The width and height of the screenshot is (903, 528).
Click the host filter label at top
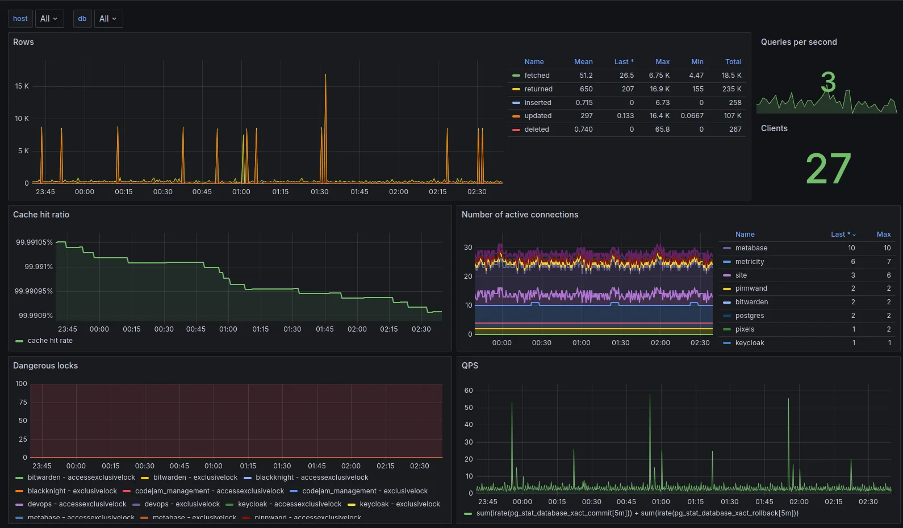pos(20,19)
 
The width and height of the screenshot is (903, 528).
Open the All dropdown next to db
pos(108,19)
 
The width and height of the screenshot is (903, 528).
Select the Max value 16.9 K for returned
pos(659,89)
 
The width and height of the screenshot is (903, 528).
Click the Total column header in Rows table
pos(733,62)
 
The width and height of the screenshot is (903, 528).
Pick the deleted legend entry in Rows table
pos(536,129)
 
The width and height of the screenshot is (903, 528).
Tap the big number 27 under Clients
pos(828,169)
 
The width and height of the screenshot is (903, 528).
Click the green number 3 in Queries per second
pos(828,82)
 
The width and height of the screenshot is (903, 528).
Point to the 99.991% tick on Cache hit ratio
pos(39,267)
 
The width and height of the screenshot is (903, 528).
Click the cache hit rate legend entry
pos(50,341)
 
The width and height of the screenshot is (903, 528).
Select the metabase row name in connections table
pos(751,248)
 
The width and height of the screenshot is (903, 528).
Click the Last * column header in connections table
pos(842,234)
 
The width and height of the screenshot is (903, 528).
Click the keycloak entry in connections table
pos(749,343)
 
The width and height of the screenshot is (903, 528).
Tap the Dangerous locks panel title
pos(45,366)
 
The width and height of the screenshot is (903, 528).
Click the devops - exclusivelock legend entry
pos(182,504)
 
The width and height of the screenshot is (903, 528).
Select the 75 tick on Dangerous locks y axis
pos(23,403)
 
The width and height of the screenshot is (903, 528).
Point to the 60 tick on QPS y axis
pos(469,391)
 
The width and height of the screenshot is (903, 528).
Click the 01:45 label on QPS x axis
pos(764,502)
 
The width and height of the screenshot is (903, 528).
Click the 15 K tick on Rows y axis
pos(22,86)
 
